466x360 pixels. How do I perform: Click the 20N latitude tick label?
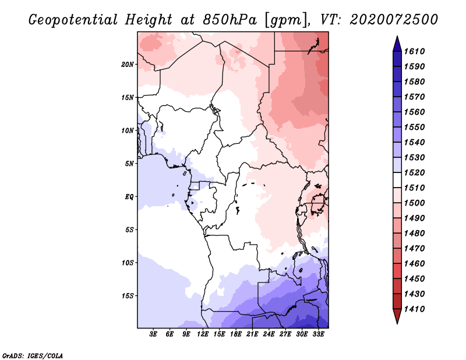[x=128, y=64]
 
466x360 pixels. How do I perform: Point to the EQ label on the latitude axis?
[x=129, y=196]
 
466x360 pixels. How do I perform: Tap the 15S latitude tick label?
[x=128, y=295]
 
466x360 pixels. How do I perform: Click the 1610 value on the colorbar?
[x=416, y=51]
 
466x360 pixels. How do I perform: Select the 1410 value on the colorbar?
[x=416, y=309]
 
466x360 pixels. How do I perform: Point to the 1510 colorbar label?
[x=416, y=188]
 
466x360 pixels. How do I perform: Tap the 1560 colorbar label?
[x=416, y=112]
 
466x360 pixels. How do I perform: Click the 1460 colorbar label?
[x=416, y=263]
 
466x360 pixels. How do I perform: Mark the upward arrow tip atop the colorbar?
[x=397, y=38]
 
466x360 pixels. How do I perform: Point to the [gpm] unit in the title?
[x=284, y=19]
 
